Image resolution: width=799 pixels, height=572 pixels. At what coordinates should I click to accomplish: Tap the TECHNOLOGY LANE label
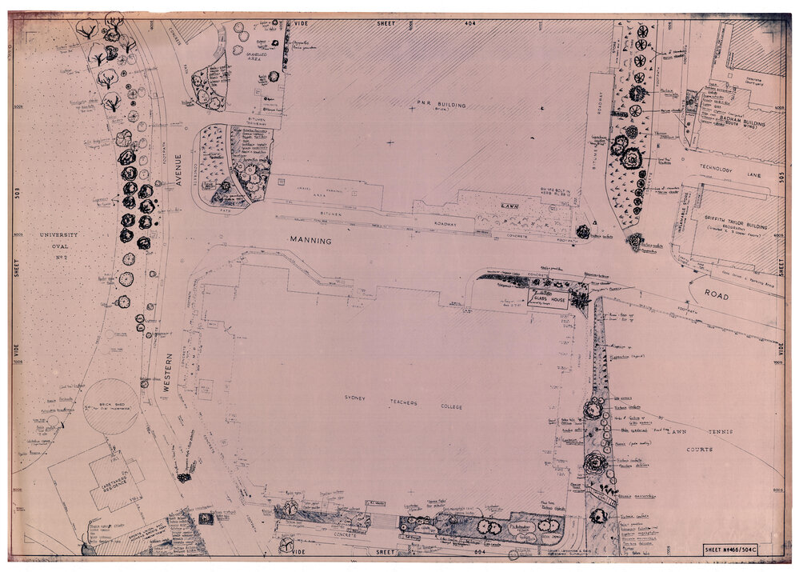pyautogui.click(x=725, y=169)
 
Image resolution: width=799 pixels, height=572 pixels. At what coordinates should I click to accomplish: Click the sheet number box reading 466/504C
pyautogui.click(x=740, y=550)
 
